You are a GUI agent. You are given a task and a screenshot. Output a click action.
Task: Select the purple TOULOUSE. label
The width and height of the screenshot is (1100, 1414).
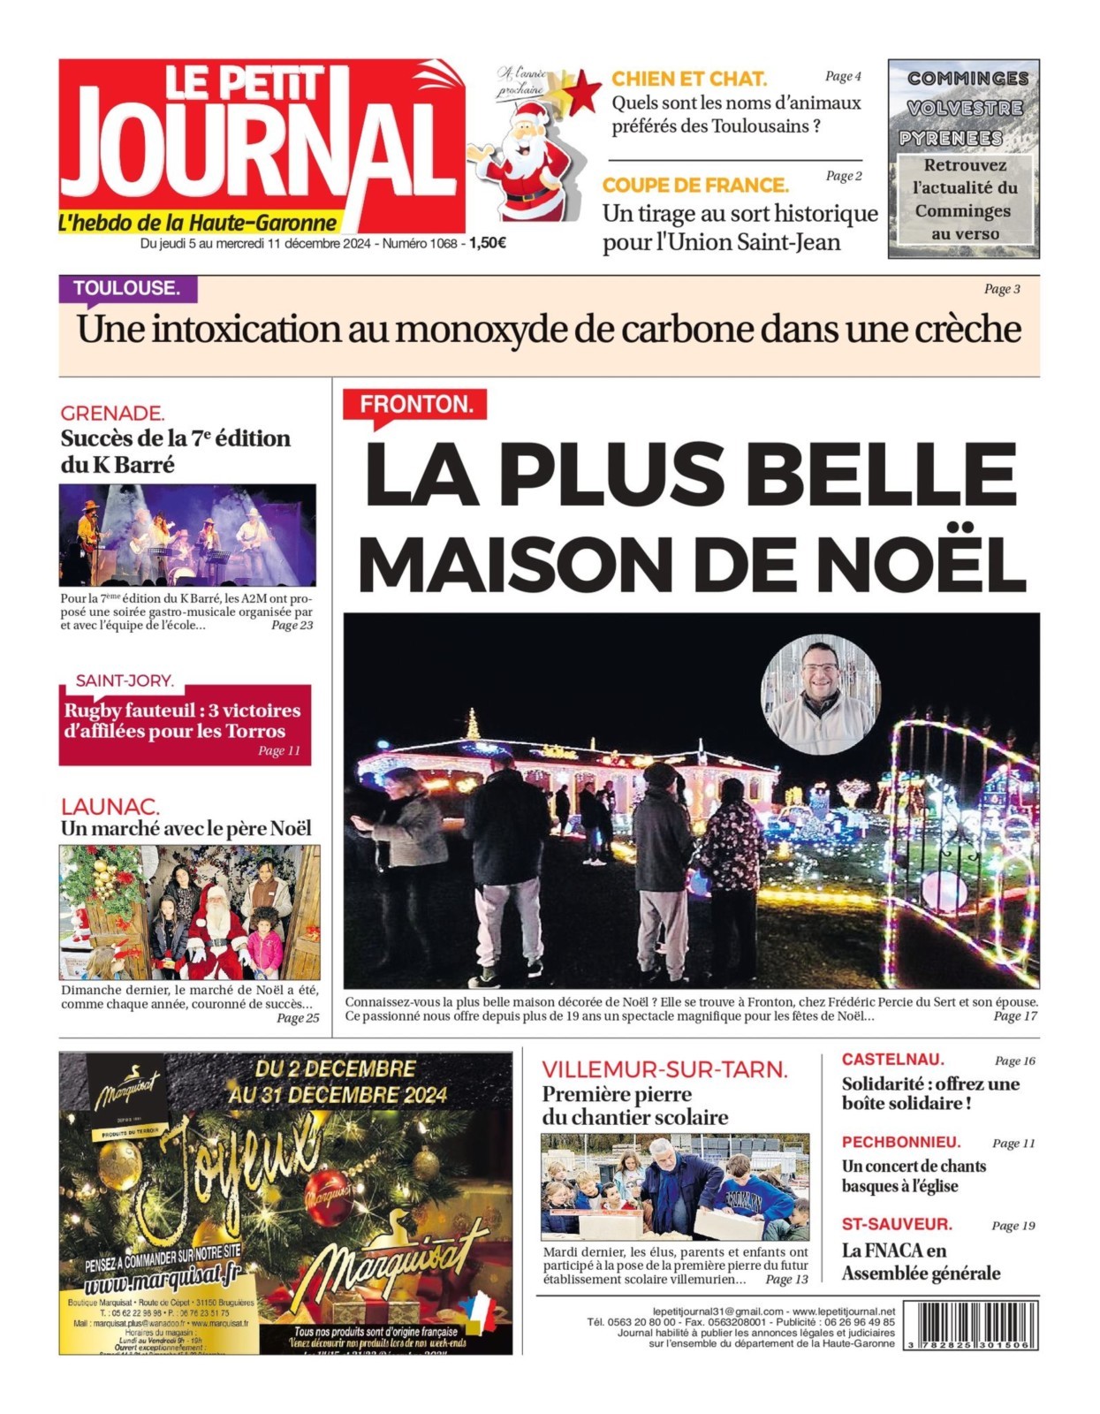(126, 288)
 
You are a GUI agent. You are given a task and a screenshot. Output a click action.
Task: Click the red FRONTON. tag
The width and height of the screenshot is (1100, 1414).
(415, 405)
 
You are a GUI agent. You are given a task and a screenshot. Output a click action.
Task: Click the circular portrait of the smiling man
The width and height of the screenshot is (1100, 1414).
(820, 694)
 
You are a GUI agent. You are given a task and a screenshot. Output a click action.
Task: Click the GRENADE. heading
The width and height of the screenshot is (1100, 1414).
(112, 413)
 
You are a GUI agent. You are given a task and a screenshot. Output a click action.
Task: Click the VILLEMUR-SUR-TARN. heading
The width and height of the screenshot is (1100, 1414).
(664, 1069)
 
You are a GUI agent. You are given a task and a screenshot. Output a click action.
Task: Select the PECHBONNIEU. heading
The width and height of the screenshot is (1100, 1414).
(900, 1142)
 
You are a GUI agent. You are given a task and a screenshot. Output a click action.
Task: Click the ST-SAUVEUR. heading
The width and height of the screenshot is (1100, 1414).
(896, 1224)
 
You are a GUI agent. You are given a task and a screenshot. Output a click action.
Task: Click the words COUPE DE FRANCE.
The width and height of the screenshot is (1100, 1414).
(695, 185)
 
